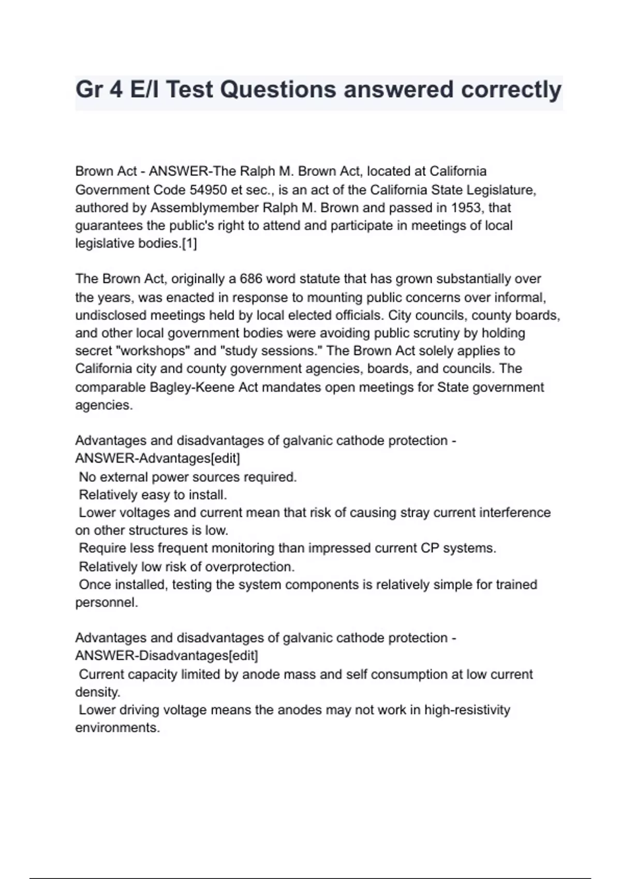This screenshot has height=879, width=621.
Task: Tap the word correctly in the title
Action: [511, 90]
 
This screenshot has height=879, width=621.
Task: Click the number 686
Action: [251, 279]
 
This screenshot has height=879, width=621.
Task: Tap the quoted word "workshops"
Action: [155, 351]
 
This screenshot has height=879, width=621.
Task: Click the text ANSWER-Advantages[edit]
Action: [157, 459]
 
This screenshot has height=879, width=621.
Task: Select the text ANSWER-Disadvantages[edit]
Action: [166, 656]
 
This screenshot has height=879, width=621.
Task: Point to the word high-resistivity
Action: [467, 710]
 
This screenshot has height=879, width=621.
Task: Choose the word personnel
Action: [106, 603]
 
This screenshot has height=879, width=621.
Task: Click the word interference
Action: [514, 513]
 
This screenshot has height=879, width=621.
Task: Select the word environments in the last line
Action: [117, 728]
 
